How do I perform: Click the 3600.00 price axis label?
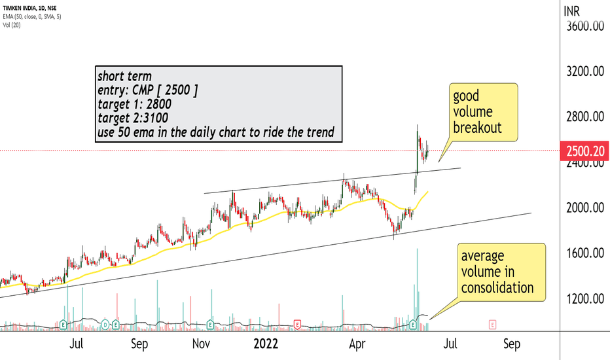pyautogui.click(x=584, y=27)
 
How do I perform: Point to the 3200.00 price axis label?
pyautogui.click(x=584, y=72)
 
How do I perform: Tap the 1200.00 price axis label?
pyautogui.click(x=584, y=298)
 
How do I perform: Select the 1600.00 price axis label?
pyautogui.click(x=584, y=253)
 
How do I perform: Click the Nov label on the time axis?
pyautogui.click(x=202, y=344)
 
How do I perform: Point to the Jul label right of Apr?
pyautogui.click(x=450, y=344)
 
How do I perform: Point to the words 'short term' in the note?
pyautogui.click(x=124, y=75)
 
